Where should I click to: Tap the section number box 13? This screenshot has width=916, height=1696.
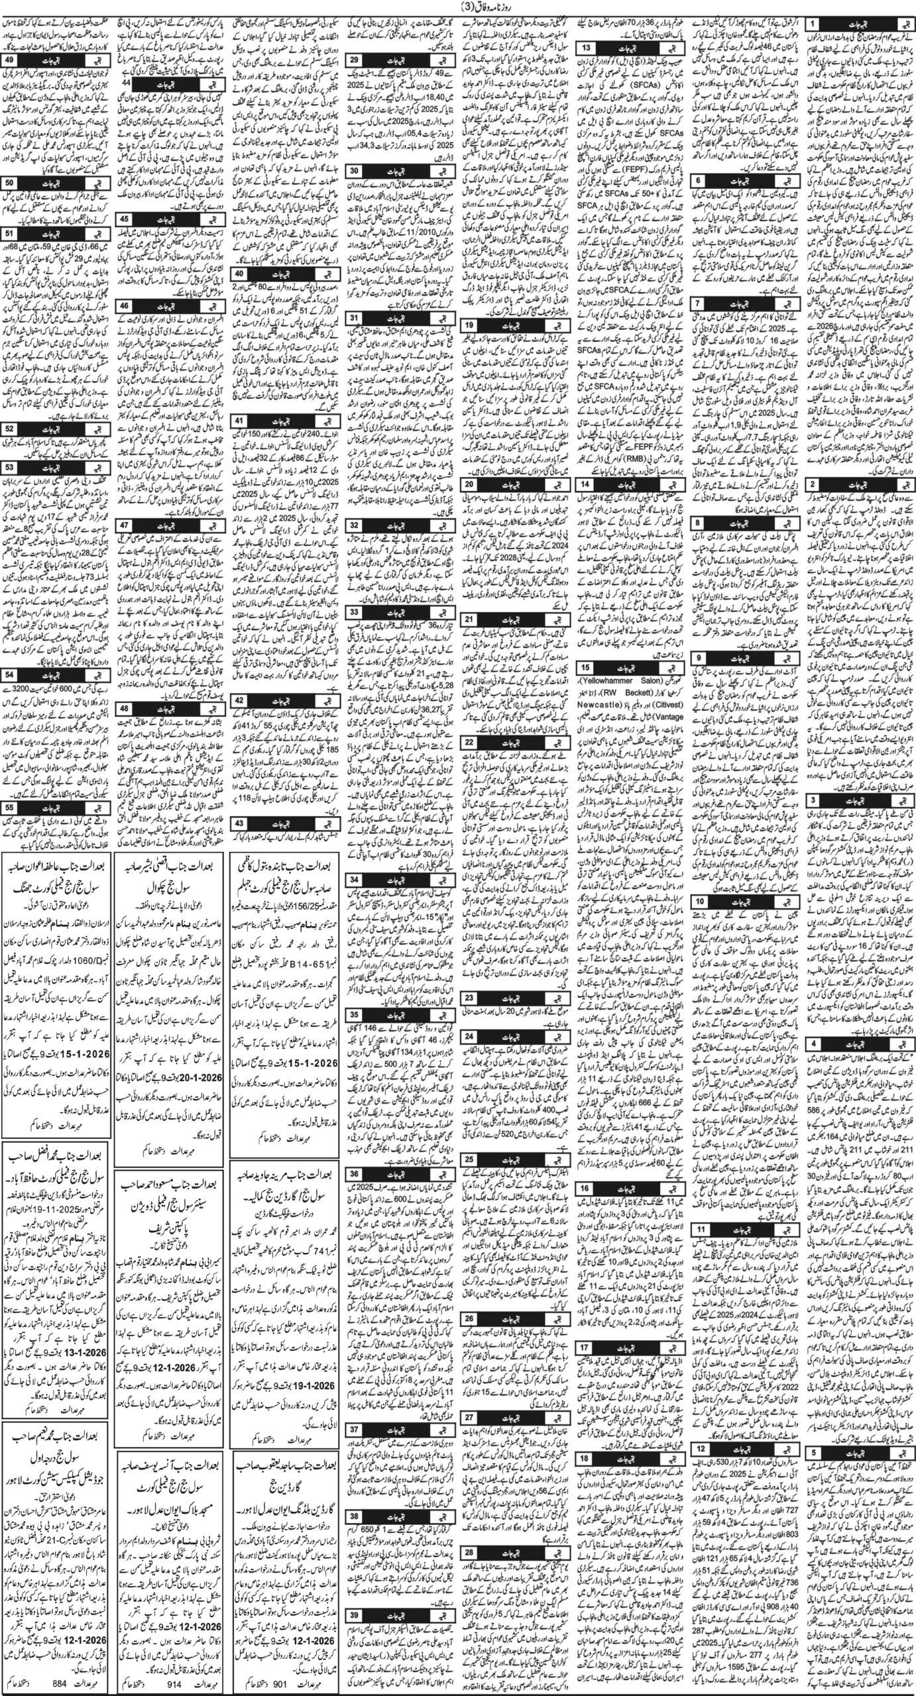[587, 48]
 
